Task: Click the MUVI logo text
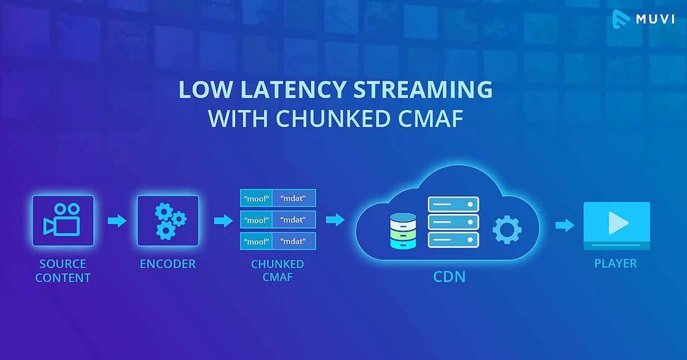point(655,19)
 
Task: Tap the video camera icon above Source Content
point(62,220)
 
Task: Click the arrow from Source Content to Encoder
point(117,220)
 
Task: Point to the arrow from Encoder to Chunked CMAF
point(223,220)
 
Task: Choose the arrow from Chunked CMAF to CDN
point(335,220)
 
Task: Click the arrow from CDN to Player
point(564,225)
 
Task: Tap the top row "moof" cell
point(256,198)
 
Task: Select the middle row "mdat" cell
point(293,220)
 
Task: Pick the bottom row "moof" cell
point(256,241)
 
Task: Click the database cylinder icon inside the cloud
point(403,231)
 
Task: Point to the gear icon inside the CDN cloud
point(507,230)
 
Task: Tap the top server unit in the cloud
point(453,204)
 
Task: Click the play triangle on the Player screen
point(618,223)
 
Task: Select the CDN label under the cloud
point(449,276)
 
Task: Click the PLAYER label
point(615,263)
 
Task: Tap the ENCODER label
point(168,264)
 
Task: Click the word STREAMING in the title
point(424,89)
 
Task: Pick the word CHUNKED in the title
point(326,118)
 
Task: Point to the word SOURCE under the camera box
point(62,264)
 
